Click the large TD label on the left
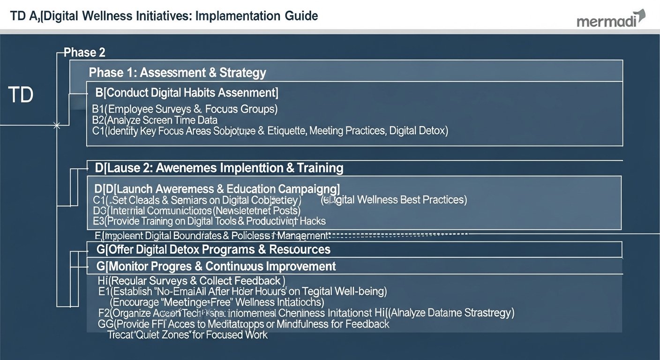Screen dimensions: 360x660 tap(21, 95)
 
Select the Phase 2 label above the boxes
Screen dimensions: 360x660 tap(84, 52)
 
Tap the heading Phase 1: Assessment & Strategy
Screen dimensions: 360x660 tap(177, 73)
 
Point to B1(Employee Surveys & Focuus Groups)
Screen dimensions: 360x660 tap(185, 110)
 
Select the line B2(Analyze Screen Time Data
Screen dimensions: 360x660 tap(155, 120)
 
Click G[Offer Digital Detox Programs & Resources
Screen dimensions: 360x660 tap(213, 249)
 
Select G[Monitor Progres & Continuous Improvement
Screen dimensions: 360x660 tap(216, 266)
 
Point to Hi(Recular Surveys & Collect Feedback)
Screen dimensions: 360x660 tap(191, 281)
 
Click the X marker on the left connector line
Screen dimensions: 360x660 tap(57, 126)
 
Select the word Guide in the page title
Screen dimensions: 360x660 tap(300, 16)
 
